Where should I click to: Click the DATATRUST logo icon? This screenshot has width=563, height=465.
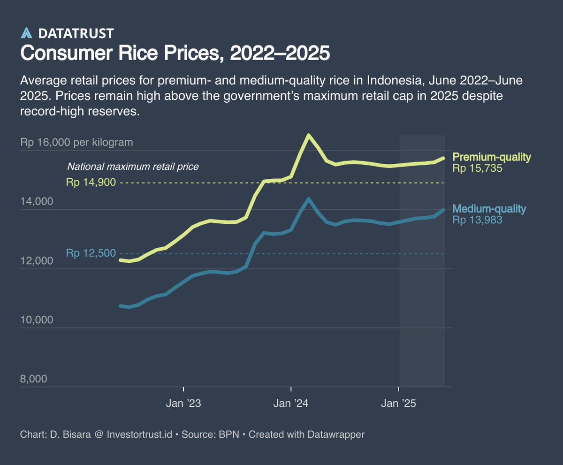pos(27,33)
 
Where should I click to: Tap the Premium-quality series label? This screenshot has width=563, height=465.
pos(492,157)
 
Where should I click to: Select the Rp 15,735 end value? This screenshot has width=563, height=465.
pos(477,168)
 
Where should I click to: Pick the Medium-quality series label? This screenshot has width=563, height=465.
pos(489,209)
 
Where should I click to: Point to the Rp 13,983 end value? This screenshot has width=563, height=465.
pos(477,220)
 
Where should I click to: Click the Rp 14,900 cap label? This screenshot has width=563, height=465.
pos(91,183)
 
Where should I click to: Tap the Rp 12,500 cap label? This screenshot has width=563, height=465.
pos(91,253)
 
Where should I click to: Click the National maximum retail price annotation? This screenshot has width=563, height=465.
pos(133,167)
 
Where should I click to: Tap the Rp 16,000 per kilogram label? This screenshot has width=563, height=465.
pos(76,143)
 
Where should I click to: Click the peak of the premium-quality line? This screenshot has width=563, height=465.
pos(308,135)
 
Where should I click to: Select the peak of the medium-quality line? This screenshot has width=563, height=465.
pos(308,199)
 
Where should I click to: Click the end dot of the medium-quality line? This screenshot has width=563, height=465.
pos(443,210)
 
